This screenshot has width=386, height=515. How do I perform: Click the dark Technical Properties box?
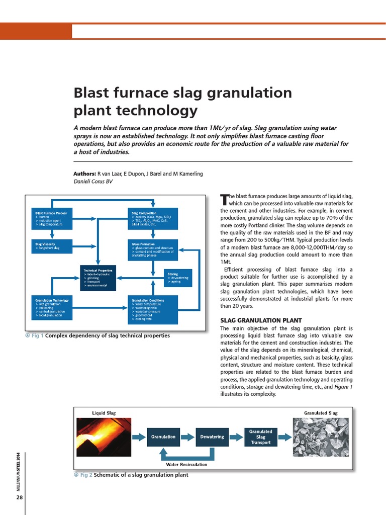(98, 278)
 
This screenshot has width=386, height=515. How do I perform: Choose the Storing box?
(178, 277)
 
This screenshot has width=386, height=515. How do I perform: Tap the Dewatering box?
(212, 437)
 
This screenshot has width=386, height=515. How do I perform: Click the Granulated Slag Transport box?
(260, 437)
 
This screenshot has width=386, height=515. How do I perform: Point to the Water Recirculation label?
(186, 464)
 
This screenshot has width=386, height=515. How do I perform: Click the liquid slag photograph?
(104, 437)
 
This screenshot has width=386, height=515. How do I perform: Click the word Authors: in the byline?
(84, 174)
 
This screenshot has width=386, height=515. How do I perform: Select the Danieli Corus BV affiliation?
(93, 182)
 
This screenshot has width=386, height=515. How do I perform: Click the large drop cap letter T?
(224, 199)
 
